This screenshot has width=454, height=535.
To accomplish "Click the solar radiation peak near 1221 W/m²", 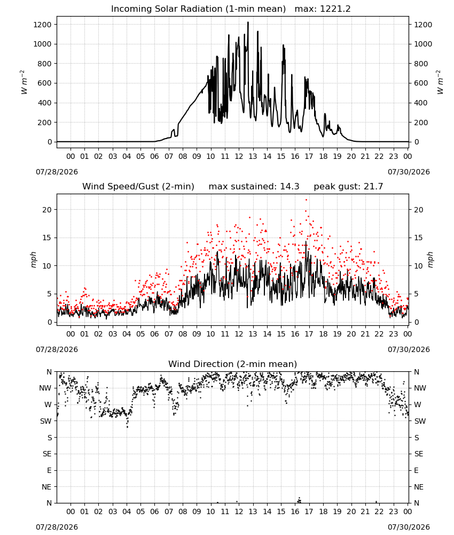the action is point(248,22).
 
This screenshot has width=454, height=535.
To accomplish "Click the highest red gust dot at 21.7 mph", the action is point(306,200).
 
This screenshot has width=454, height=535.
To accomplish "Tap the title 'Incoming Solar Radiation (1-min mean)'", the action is point(198,9).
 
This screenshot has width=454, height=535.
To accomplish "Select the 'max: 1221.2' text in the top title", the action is point(322,9).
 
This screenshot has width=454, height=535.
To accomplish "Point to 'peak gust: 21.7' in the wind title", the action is point(348,187).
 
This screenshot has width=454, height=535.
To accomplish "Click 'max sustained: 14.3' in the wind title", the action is point(254,187).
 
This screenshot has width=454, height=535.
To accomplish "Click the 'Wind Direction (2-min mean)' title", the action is point(233,364).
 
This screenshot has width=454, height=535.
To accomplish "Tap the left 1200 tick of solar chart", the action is point(42,25).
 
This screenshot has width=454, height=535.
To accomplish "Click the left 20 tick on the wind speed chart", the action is point(46,210).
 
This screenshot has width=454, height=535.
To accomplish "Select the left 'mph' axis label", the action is point(33,259).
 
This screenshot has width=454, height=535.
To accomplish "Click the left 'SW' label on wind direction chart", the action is point(45,422).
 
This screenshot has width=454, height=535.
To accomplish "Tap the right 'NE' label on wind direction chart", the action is point(419,487).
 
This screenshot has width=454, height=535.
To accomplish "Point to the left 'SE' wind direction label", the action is point(47,454).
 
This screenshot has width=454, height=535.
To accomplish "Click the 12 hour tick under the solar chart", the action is point(239,157).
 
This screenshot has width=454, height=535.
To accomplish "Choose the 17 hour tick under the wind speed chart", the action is point(309,334).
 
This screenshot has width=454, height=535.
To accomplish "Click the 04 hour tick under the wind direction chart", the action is point(127,512).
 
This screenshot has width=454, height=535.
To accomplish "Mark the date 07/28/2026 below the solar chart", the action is point(57,172).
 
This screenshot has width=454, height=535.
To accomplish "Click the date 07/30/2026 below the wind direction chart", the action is point(409,527).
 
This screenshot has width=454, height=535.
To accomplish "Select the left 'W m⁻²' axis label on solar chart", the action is point(23,82).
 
